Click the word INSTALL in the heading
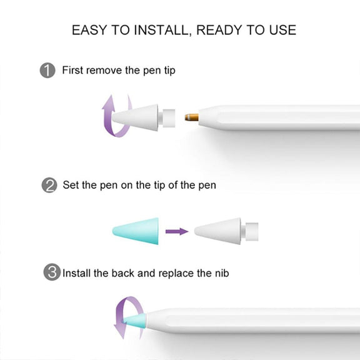pos(162,30)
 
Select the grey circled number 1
pos(47,70)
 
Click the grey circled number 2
pos(49,185)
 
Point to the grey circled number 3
pos(52,272)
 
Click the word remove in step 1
pos(104,70)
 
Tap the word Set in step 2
pos(71,185)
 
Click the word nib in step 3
pos(222,273)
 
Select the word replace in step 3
pos(176,274)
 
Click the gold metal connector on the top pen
pos(192,117)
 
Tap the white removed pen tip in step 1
pos(144,117)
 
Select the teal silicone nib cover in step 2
pos(136,231)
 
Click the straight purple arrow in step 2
pos(177,231)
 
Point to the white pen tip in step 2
pos(226,231)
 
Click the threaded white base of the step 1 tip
pos(169,118)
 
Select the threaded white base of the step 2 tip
pos(252,232)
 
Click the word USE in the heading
pos(282,30)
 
